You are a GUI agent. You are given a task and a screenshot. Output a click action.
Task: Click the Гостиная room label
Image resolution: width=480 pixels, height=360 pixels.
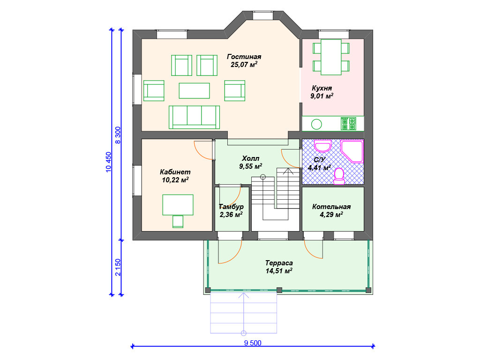tap(244, 57)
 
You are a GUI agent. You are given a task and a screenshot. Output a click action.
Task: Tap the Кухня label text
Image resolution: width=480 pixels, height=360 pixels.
tap(322, 88)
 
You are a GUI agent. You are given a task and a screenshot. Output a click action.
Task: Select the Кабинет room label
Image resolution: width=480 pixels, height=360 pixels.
tap(175, 172)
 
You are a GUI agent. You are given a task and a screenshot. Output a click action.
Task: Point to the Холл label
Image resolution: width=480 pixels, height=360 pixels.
tap(250, 158)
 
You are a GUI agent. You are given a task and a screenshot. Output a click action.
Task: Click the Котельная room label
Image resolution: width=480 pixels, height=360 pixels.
tap(331, 207)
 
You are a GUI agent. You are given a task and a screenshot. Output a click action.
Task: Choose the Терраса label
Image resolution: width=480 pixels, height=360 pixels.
tap(279, 263)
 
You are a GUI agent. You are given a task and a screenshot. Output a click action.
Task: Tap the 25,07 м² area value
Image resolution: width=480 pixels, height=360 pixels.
tap(244, 65)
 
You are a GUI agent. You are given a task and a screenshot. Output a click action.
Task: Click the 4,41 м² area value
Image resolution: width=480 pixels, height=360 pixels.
tap(319, 167)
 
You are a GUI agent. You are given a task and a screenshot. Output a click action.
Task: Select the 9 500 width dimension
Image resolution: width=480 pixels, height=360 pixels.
tap(253, 343)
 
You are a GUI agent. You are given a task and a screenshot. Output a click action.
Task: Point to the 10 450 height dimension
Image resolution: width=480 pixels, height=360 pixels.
tap(108, 162)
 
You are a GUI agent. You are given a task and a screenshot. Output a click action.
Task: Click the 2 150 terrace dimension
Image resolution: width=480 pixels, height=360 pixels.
tap(118, 267)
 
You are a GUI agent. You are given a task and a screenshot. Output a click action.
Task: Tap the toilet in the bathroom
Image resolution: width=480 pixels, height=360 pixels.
tap(339, 176)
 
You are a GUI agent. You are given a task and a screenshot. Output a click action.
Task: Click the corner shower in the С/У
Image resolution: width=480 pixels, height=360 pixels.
tap(352, 151)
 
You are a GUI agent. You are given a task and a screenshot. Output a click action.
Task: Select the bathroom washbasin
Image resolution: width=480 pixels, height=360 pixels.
tap(322, 146)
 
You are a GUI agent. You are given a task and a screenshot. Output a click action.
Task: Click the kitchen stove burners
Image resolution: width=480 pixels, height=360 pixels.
tap(349, 124)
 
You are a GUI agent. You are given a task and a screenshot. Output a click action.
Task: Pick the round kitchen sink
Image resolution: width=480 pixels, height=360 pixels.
tap(316, 124)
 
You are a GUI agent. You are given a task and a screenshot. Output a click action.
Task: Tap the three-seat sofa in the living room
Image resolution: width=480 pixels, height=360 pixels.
tap(194, 117)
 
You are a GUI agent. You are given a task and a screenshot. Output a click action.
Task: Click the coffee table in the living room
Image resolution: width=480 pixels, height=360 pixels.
tap(195, 90)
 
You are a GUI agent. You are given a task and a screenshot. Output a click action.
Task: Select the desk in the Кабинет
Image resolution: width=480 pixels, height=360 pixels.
tap(178, 205)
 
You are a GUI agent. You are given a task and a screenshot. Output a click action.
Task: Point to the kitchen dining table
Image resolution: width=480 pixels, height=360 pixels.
tap(331, 57)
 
